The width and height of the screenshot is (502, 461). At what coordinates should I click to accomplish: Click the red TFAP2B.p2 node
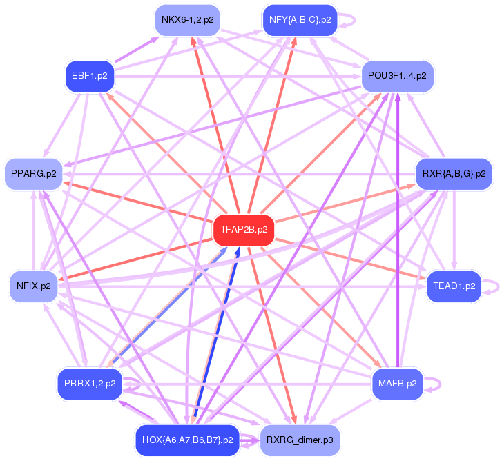pyautogui.click(x=244, y=229)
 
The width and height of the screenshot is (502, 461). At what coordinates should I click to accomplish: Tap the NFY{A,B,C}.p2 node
pyautogui.click(x=300, y=19)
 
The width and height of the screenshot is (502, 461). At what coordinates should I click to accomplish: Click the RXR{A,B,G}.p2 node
pyautogui.click(x=454, y=173)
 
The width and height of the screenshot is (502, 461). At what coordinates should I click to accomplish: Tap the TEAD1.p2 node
pyautogui.click(x=454, y=285)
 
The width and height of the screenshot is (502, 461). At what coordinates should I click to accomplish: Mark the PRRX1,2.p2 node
pyautogui.click(x=89, y=382)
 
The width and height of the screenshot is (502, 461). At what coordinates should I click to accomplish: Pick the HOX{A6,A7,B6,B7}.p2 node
pyautogui.click(x=186, y=439)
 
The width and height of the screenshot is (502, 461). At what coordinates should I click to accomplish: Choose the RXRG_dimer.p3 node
pyautogui.click(x=300, y=439)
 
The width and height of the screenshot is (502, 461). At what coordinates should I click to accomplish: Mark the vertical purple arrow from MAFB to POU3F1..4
pyautogui.click(x=398, y=228)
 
